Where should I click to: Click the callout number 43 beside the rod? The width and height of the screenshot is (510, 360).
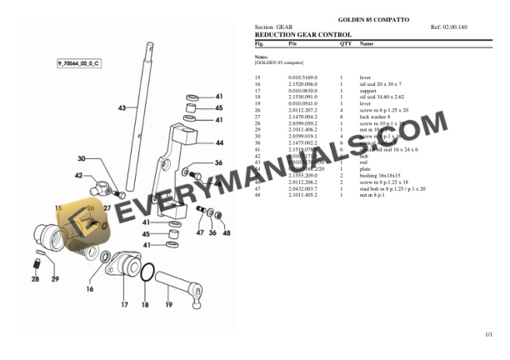coord(122,108)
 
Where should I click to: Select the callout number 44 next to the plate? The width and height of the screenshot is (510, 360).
coord(219,142)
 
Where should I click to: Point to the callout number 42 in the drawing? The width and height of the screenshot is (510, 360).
coord(79,176)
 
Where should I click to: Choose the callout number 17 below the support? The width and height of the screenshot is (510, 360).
coord(123,306)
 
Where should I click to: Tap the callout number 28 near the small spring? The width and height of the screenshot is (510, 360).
coord(35,280)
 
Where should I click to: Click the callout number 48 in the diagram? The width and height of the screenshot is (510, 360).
coord(226,232)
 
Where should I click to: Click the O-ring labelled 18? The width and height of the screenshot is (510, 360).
coord(147,272)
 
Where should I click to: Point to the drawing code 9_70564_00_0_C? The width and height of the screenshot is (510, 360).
coord(78,63)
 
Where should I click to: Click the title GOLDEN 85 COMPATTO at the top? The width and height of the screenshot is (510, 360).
coord(372,18)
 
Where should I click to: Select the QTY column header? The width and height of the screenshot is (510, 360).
coord(346,42)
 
